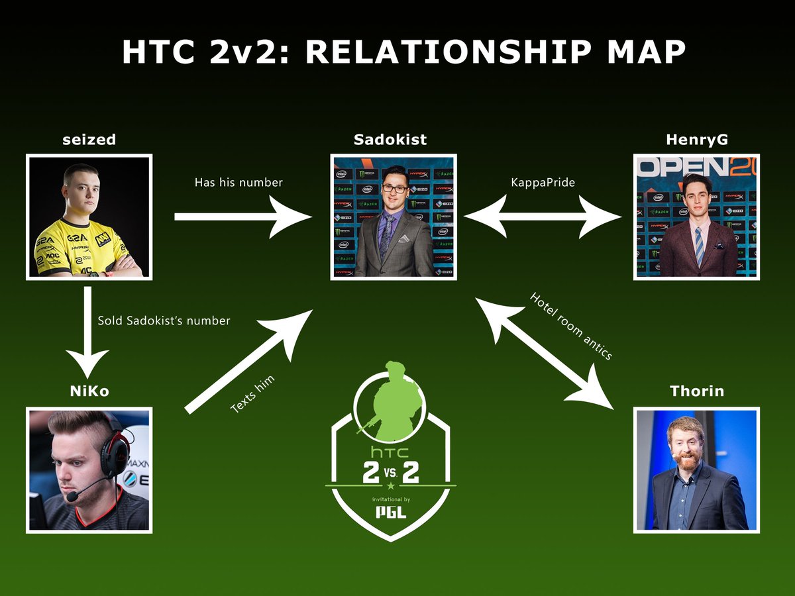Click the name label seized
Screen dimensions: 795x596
tap(89, 140)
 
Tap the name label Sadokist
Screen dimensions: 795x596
tap(390, 140)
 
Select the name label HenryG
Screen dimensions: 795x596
tap(696, 140)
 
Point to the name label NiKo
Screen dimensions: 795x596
tap(89, 391)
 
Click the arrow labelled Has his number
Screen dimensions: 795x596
tap(242, 217)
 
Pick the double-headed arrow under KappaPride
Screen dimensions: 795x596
tap(543, 217)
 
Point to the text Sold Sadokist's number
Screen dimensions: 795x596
tap(164, 321)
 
